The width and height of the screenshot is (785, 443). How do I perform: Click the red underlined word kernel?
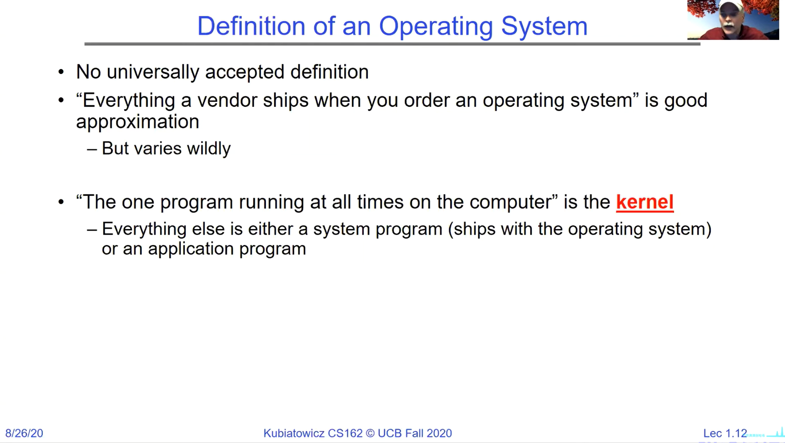pyautogui.click(x=645, y=202)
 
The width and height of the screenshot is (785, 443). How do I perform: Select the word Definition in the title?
pyautogui.click(x=251, y=26)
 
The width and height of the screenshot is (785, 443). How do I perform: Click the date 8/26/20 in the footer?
pyautogui.click(x=24, y=433)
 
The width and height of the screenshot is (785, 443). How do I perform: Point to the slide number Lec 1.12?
pyautogui.click(x=725, y=433)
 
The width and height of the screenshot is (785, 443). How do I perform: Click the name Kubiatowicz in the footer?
pyautogui.click(x=294, y=433)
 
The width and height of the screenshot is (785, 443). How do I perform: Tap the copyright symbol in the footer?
pyautogui.click(x=370, y=433)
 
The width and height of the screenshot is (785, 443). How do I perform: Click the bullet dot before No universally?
pyautogui.click(x=61, y=72)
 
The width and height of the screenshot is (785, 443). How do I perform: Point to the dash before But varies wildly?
pyautogui.click(x=92, y=149)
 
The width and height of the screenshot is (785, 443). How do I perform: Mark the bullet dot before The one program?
pyautogui.click(x=61, y=202)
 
